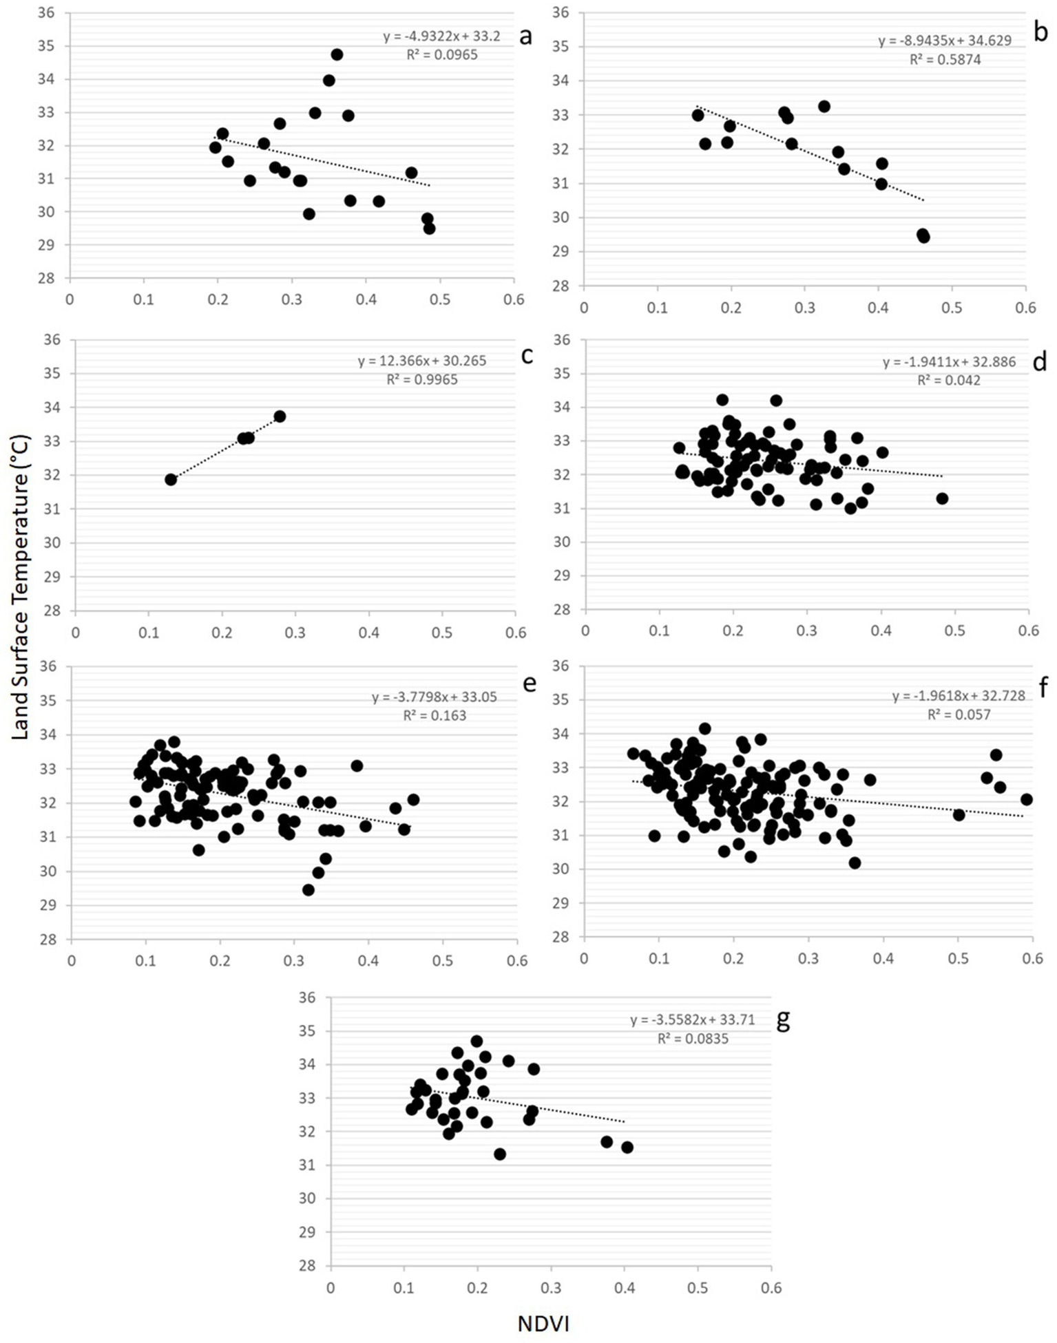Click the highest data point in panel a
point(337,54)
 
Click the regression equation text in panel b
point(945,41)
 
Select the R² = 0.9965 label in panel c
point(421,379)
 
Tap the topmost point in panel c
point(280,416)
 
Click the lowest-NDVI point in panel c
point(171,480)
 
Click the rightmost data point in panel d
point(942,498)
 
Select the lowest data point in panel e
point(308,890)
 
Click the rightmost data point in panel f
point(1027,799)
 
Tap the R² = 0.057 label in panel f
point(959,715)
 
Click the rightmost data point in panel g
point(627,1148)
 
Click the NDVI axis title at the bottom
point(543,1323)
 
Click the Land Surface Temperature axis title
point(21,587)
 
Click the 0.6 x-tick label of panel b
point(1025,308)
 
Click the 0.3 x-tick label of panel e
point(294,961)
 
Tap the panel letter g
point(783,1021)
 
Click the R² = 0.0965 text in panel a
point(441,54)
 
